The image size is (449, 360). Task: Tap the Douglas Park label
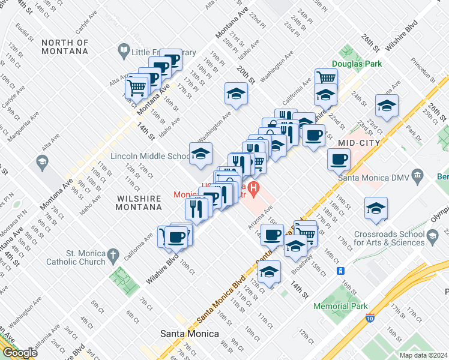pyautogui.click(x=357, y=64)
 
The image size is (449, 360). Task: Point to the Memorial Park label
pyautogui.click(x=340, y=306)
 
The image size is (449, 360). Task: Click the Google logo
pyautogui.click(x=20, y=353)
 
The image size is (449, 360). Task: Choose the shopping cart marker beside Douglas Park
pyautogui.click(x=326, y=78)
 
